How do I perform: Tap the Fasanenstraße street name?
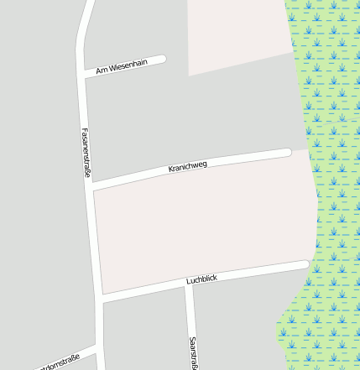(x=86, y=152)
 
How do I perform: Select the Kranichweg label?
(x=187, y=167)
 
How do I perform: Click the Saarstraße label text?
(x=193, y=352)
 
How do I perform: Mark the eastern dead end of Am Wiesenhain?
(x=162, y=60)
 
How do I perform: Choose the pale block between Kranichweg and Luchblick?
(x=201, y=222)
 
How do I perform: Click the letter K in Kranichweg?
(x=171, y=170)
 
